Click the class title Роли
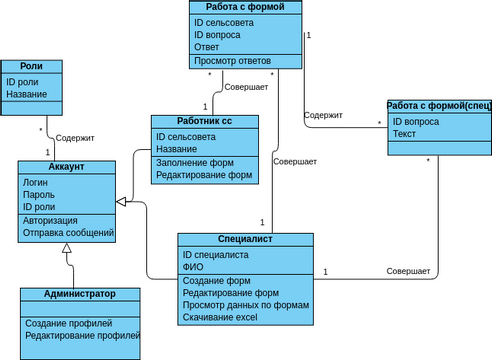[32, 67]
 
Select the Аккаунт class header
[68, 167]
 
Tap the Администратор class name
[80, 295]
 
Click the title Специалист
[245, 240]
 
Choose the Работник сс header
[204, 121]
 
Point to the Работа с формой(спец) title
[439, 106]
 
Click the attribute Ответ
[208, 47]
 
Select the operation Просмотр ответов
[232, 62]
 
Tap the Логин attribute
[36, 182]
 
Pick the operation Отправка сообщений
[68, 233]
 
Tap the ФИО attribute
[193, 267]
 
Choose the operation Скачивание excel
[220, 318]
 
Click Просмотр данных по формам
[246, 305]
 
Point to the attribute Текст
[404, 134]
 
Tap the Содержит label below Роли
[75, 138]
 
